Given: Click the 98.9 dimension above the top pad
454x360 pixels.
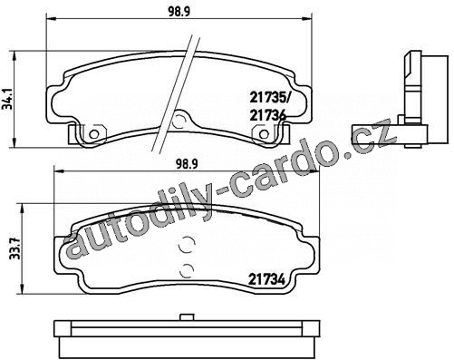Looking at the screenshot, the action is (179, 12).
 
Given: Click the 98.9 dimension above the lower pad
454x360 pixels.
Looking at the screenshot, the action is (187, 164).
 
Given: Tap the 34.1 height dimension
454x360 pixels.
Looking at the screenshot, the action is (6, 99).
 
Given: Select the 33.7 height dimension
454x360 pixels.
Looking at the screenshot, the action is (14, 248).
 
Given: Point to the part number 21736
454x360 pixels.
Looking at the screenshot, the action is (268, 115).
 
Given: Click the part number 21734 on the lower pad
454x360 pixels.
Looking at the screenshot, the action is (266, 280).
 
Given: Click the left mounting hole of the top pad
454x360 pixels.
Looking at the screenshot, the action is (94, 134).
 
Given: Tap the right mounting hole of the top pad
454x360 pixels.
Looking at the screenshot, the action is (265, 134).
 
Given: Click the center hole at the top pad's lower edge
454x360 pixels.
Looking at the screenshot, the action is (179, 121).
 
